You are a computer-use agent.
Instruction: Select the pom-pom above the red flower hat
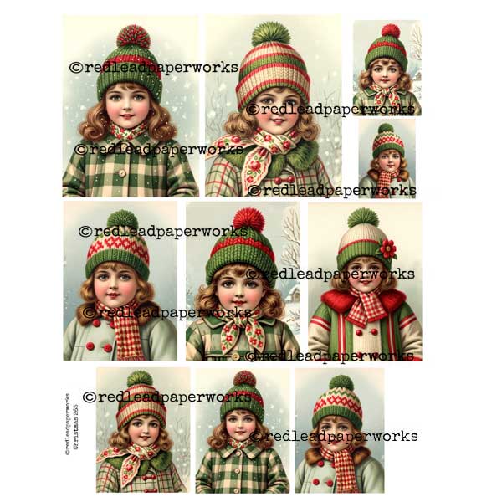pyautogui.click(x=362, y=219)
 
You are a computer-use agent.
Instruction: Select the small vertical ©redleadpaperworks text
pyautogui.click(x=68, y=423)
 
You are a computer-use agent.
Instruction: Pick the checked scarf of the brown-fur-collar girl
pyautogui.click(x=338, y=469)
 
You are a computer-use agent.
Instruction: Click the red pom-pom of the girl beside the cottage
pyautogui.click(x=248, y=221)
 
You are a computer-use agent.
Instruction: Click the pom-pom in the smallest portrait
pyautogui.click(x=384, y=130)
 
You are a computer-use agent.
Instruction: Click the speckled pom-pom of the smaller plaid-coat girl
pyautogui.click(x=243, y=379)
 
